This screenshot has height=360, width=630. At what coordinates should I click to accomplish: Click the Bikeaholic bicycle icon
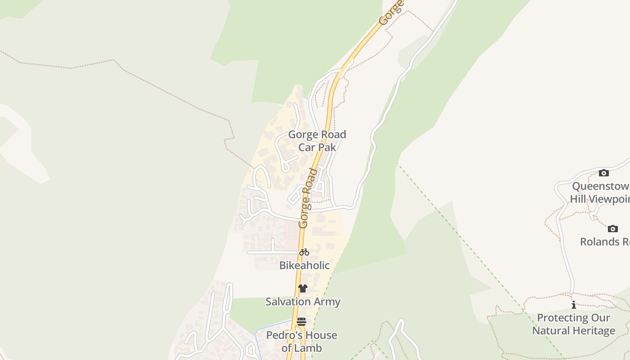click(304, 252)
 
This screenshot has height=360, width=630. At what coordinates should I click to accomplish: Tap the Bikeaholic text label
click(304, 265)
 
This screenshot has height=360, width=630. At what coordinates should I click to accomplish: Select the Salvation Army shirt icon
click(302, 288)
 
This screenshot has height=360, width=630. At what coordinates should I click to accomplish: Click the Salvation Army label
click(302, 302)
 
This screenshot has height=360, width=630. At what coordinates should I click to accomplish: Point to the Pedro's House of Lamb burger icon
click(301, 322)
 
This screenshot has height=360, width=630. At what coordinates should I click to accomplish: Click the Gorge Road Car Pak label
click(317, 141)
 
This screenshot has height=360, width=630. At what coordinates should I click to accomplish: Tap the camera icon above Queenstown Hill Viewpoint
click(603, 173)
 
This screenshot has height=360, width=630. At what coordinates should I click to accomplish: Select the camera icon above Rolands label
click(612, 229)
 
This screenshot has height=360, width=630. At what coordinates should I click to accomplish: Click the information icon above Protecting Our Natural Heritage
click(573, 305)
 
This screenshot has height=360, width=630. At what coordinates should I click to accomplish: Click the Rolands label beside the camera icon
click(603, 242)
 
